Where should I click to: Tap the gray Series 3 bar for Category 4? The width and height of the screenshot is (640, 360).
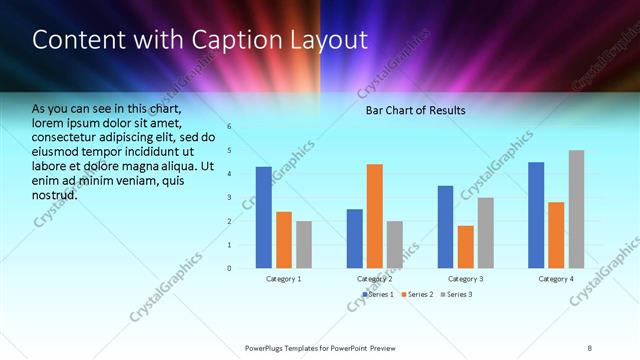coord(577,209)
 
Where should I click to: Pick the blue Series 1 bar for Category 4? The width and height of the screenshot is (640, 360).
coord(536,215)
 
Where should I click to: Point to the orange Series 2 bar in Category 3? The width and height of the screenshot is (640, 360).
coord(466,246)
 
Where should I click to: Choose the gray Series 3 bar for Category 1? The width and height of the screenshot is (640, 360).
coord(304,244)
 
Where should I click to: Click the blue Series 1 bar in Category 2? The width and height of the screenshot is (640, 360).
coord(355,238)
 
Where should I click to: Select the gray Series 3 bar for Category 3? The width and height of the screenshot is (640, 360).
coord(486,232)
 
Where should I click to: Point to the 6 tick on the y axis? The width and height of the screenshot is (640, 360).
coord(229,127)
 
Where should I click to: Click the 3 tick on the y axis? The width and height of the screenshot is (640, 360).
coord(229,197)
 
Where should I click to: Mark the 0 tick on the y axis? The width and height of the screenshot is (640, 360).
coord(229,268)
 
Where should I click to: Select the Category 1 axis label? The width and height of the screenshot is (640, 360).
coord(284,279)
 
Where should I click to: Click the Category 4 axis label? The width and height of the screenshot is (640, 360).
coord(557,279)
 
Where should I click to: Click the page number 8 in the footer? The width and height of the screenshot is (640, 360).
coord(590,347)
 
